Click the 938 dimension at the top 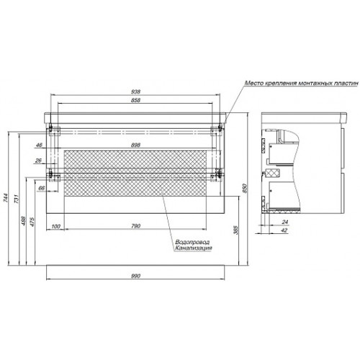coord(135,91)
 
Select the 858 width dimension coord(135,100)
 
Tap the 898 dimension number coord(135,145)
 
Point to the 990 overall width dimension coord(135,276)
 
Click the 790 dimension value coord(136,226)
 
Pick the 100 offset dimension coord(55,226)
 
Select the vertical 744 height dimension coord(6,198)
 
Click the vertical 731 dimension coord(16,199)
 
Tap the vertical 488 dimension coord(23,221)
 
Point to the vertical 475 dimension coord(32,222)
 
